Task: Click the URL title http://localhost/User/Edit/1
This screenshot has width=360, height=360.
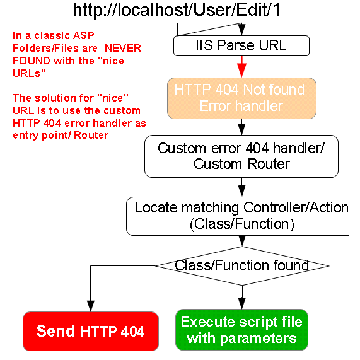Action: click(x=177, y=10)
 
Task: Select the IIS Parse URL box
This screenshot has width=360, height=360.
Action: click(x=241, y=45)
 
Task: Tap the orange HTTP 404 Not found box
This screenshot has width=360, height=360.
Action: click(x=241, y=98)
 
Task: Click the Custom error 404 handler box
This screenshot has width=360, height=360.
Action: click(x=241, y=156)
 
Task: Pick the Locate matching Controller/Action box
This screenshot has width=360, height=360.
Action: click(x=238, y=216)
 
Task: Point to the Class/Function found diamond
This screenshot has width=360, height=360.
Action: click(x=242, y=266)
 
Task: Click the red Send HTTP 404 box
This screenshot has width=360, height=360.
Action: click(x=91, y=331)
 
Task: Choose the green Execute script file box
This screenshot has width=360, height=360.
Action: click(x=241, y=330)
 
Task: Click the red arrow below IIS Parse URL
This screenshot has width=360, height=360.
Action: click(x=241, y=67)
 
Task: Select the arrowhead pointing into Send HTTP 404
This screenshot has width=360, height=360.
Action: click(x=91, y=306)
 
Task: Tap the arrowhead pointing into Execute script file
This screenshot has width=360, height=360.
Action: click(x=241, y=304)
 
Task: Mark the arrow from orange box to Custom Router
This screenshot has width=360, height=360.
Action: click(x=241, y=127)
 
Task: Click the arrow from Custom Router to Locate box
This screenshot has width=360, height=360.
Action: click(x=241, y=187)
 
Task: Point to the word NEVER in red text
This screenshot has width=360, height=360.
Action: click(x=123, y=48)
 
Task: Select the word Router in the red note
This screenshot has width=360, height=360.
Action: click(x=91, y=135)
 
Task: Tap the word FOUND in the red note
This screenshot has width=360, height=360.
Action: click(x=32, y=61)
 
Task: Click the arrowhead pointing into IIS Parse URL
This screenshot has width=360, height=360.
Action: click(x=241, y=30)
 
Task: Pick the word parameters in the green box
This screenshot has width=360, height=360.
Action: click(x=258, y=339)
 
